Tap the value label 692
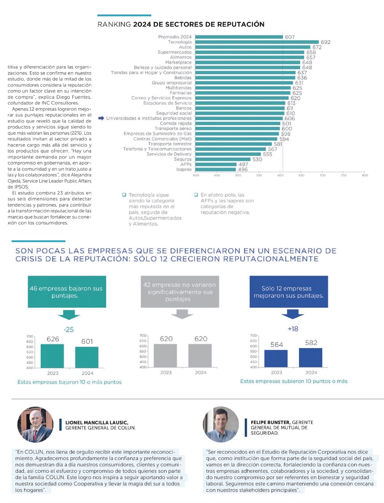[x=326, y=42]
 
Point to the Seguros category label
[x=183, y=159]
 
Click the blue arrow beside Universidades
[x=101, y=118]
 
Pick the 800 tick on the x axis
[x=364, y=175]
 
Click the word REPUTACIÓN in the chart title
[x=241, y=25]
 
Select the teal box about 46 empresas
[x=66, y=292]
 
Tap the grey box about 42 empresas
[x=179, y=292]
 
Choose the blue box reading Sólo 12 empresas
[x=288, y=292]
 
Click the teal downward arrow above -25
[x=69, y=315]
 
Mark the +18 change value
[x=293, y=329]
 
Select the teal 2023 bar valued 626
[x=52, y=356]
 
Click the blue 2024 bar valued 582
[x=310, y=358]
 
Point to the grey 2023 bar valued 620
[x=166, y=356]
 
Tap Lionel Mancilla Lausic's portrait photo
[x=35, y=425]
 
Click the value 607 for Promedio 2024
[x=290, y=37]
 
